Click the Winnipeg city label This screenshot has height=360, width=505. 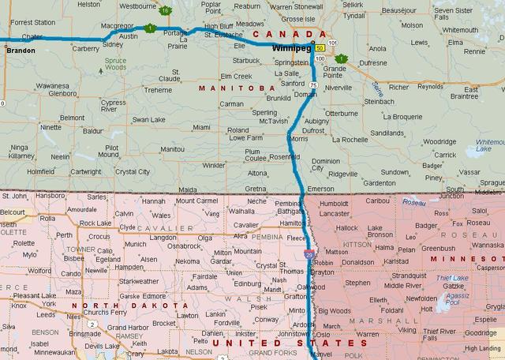pyautogui.click(x=289, y=48)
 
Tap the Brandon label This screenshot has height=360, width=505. pyautogui.click(x=19, y=50)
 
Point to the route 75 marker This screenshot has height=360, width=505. pyautogui.click(x=313, y=84)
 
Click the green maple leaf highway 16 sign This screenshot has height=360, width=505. pyautogui.click(x=165, y=10)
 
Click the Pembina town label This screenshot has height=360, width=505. pyautogui.click(x=288, y=203)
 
